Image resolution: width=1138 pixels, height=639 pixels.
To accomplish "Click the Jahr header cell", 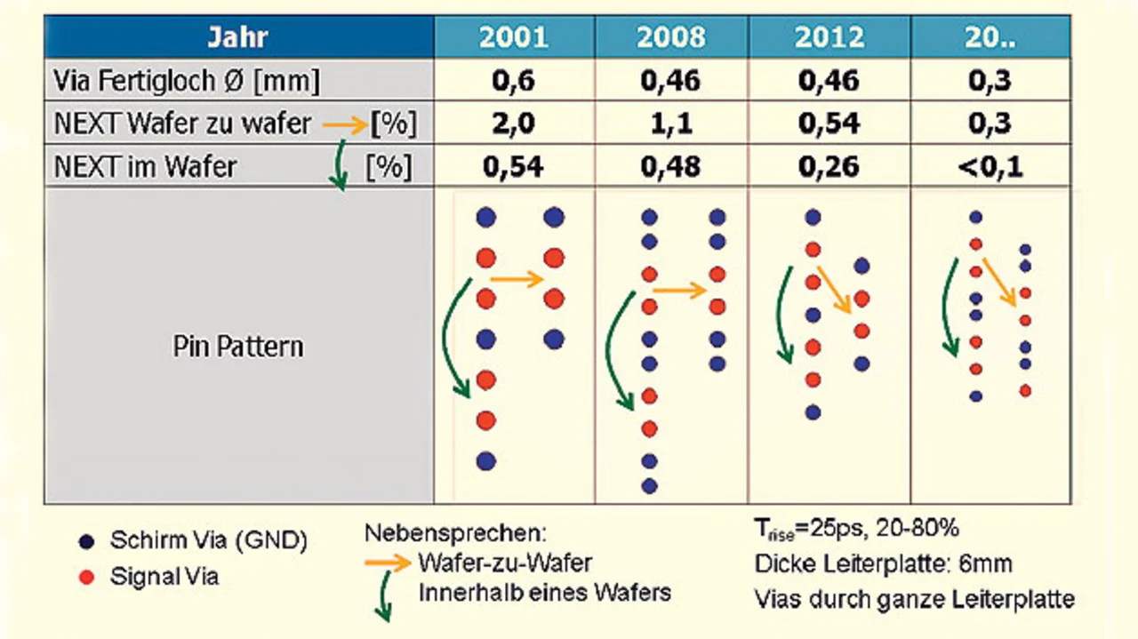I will click(x=238, y=37).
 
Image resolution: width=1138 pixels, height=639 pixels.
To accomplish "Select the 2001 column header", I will click(x=514, y=37).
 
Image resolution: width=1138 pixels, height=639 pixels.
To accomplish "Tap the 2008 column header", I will click(x=671, y=37).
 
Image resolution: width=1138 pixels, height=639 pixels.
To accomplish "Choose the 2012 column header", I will click(x=829, y=37).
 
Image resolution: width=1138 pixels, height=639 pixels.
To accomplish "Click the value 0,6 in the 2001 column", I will click(x=514, y=81).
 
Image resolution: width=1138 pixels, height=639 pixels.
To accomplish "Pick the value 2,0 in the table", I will click(x=514, y=124).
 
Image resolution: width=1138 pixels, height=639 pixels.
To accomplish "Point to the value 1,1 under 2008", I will click(x=671, y=124).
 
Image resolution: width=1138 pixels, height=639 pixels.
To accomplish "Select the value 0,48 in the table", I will click(x=671, y=166).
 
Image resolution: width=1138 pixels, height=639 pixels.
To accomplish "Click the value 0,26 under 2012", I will click(x=829, y=166).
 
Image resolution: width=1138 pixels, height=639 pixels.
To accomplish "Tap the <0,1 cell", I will click(x=990, y=166).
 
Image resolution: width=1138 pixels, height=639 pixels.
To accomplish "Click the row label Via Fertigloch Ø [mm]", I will click(x=188, y=82).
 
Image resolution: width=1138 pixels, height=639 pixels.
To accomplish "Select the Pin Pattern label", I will click(x=238, y=347).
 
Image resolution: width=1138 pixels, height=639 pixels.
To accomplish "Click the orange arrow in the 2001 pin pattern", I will click(x=517, y=280).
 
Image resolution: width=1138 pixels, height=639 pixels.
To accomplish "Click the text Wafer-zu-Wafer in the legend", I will click(x=504, y=563).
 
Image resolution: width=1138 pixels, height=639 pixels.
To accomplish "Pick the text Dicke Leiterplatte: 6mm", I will click(x=883, y=563).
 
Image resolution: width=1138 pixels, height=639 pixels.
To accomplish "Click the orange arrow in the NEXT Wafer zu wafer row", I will click(x=344, y=124).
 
